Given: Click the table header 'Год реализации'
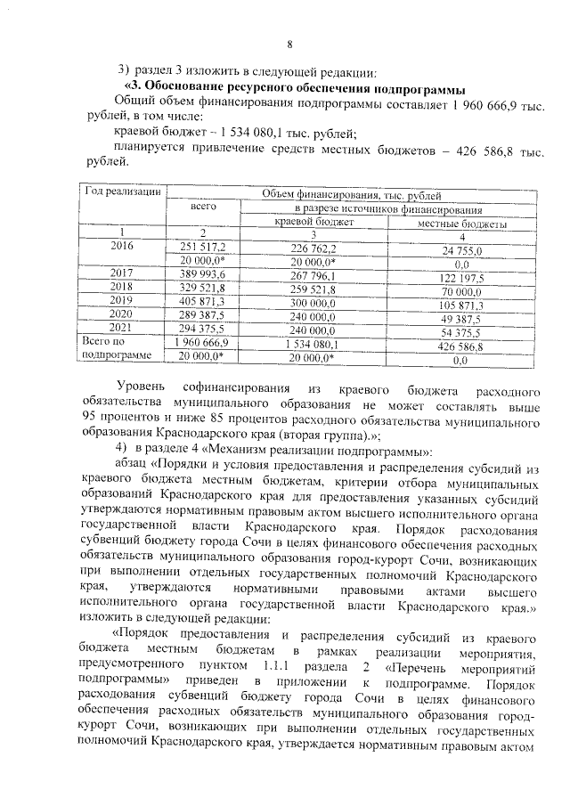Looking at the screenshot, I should pos(122,191).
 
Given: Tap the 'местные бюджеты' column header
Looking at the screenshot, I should pos(461,222).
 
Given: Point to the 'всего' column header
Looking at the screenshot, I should pos(204,207).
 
